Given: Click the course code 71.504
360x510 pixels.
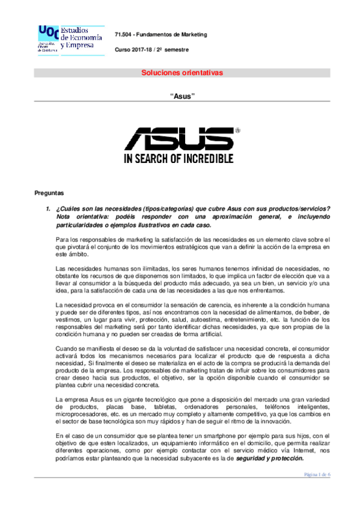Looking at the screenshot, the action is [124, 34].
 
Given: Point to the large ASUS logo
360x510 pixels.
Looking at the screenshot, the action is [178, 138].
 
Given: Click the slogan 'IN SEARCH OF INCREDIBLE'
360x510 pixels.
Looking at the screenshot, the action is [178, 159].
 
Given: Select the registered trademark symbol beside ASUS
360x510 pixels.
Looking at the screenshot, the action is [237, 130].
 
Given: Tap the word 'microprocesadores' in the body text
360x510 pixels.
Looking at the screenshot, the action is [79, 415].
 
